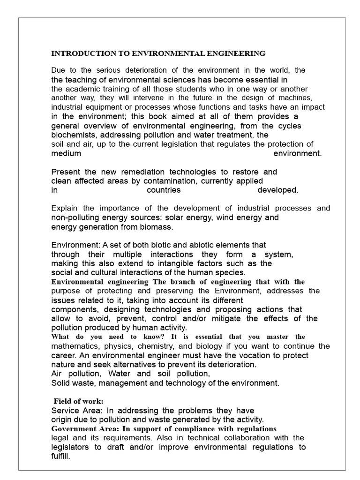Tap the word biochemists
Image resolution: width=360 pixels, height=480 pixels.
pyautogui.click(x=73, y=135)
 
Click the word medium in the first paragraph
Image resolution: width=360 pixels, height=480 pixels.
pyautogui.click(x=66, y=153)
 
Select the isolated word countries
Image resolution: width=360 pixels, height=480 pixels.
pyautogui.click(x=164, y=190)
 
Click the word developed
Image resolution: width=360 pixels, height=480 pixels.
pyautogui.click(x=277, y=190)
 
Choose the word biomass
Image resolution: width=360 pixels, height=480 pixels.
pyautogui.click(x=157, y=227)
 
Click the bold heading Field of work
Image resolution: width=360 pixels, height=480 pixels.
pyautogui.click(x=78, y=401)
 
